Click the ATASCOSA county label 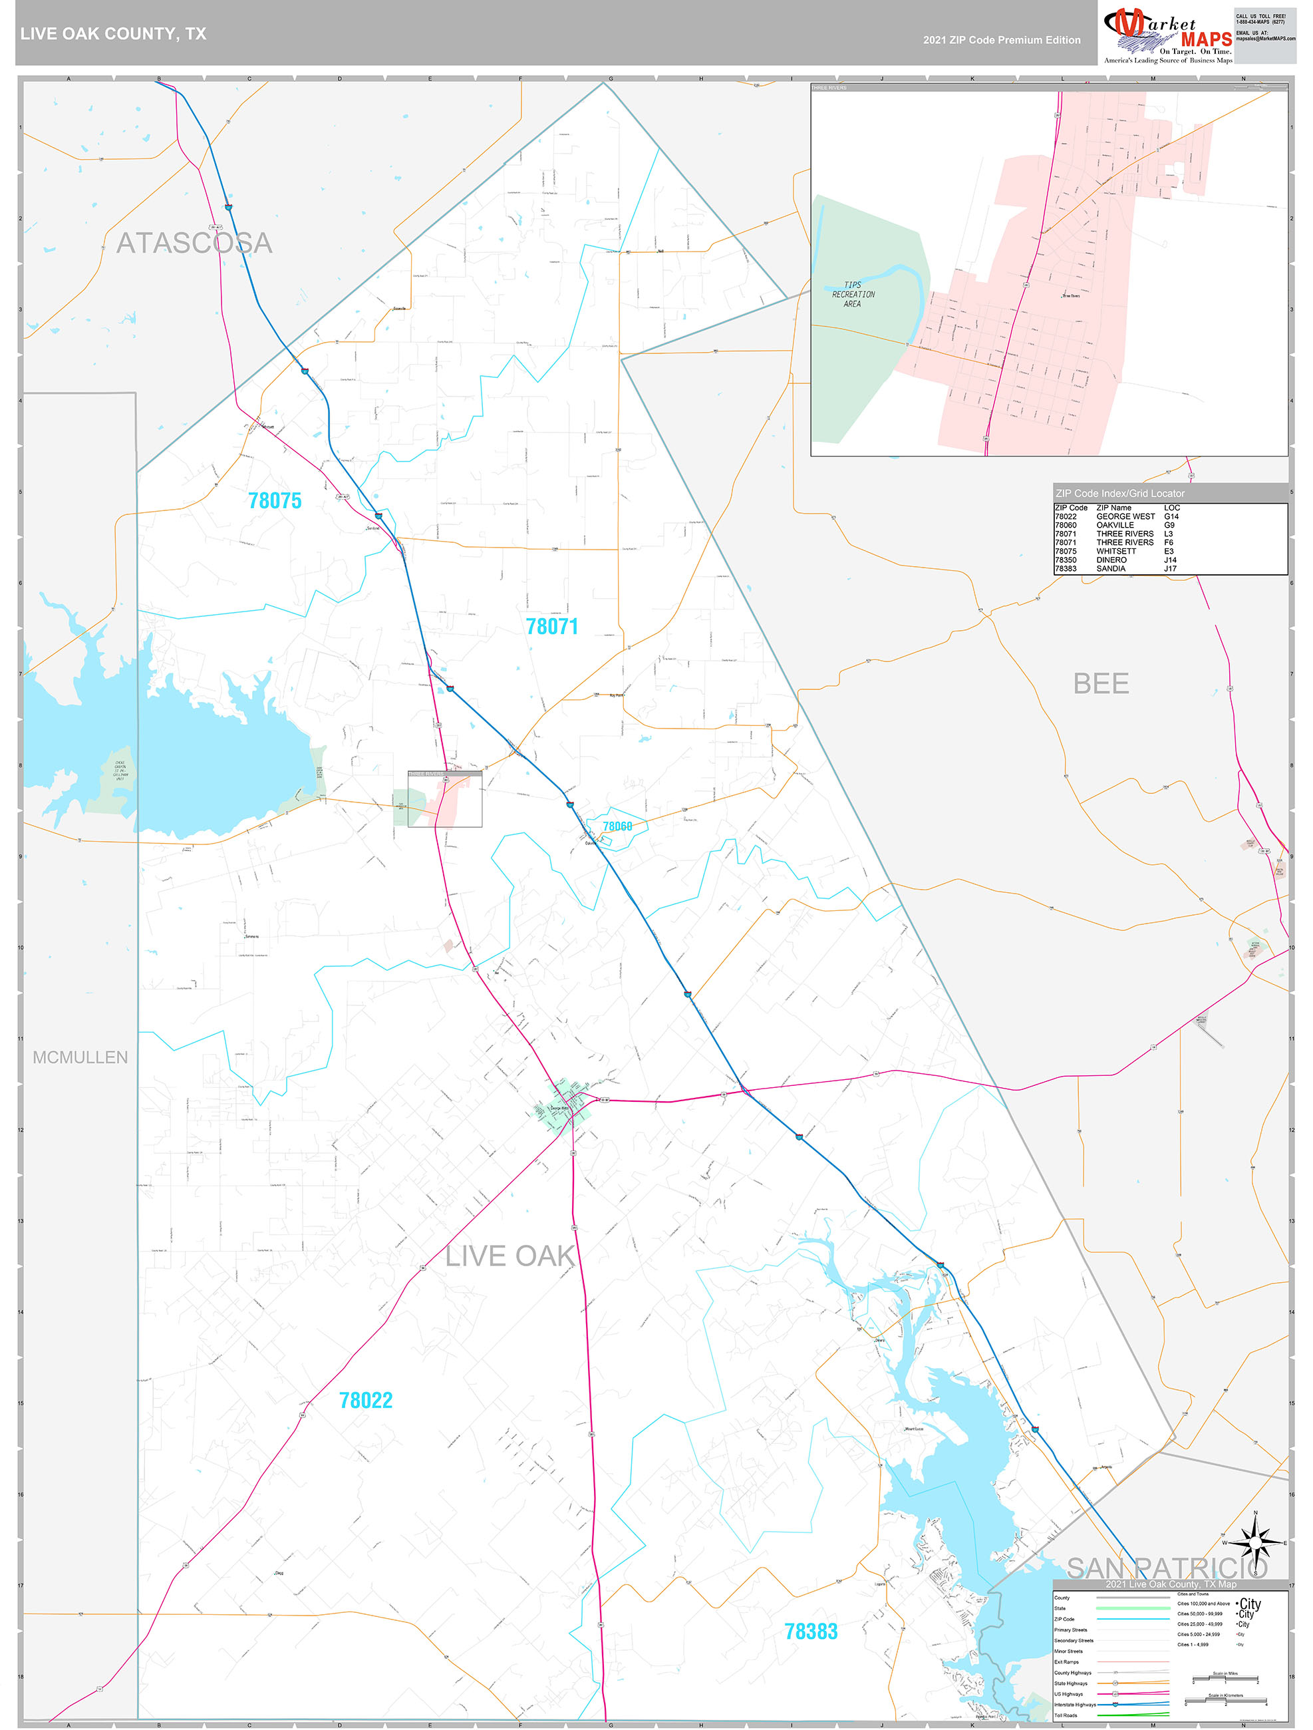pyautogui.click(x=194, y=244)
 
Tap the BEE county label pyautogui.click(x=1100, y=684)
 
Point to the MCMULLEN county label pyautogui.click(x=80, y=1057)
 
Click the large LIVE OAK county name pyautogui.click(x=511, y=1257)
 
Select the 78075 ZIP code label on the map pyautogui.click(x=275, y=500)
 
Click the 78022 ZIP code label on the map pyautogui.click(x=365, y=1400)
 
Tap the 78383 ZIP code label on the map pyautogui.click(x=810, y=1632)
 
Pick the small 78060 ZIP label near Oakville pyautogui.click(x=617, y=826)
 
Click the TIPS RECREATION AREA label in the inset pyautogui.click(x=853, y=295)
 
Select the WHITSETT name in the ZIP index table pyautogui.click(x=1116, y=552)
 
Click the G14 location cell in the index pyautogui.click(x=1171, y=516)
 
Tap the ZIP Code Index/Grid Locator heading pyautogui.click(x=1120, y=494)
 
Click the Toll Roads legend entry pyautogui.click(x=1065, y=1715)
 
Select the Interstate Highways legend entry pyautogui.click(x=1074, y=1704)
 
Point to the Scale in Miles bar pyautogui.click(x=1225, y=1679)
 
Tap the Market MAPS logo pyautogui.click(x=1166, y=35)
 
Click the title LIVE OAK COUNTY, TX pyautogui.click(x=113, y=34)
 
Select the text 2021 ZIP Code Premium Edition pyautogui.click(x=1001, y=40)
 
